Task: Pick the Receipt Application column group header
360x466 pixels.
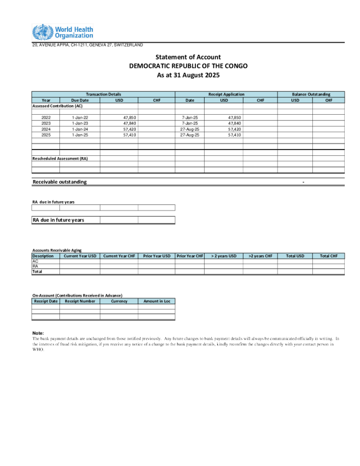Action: click(x=226, y=94)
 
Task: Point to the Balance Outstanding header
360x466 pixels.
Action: click(x=311, y=94)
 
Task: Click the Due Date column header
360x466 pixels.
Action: click(x=79, y=100)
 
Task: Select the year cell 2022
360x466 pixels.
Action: click(x=46, y=118)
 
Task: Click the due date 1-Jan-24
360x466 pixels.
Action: click(x=79, y=129)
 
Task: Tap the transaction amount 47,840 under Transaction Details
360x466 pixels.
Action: click(x=129, y=124)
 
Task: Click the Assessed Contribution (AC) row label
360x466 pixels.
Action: click(x=57, y=106)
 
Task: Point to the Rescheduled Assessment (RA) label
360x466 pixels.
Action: click(x=59, y=158)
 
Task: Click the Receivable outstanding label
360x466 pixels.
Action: click(x=59, y=182)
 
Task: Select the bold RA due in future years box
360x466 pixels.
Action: click(x=65, y=220)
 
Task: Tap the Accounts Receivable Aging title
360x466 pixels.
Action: click(x=57, y=251)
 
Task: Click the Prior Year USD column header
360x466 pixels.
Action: click(x=156, y=256)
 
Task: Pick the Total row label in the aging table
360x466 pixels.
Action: click(x=38, y=272)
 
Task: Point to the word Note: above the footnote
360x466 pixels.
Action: click(x=38, y=333)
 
